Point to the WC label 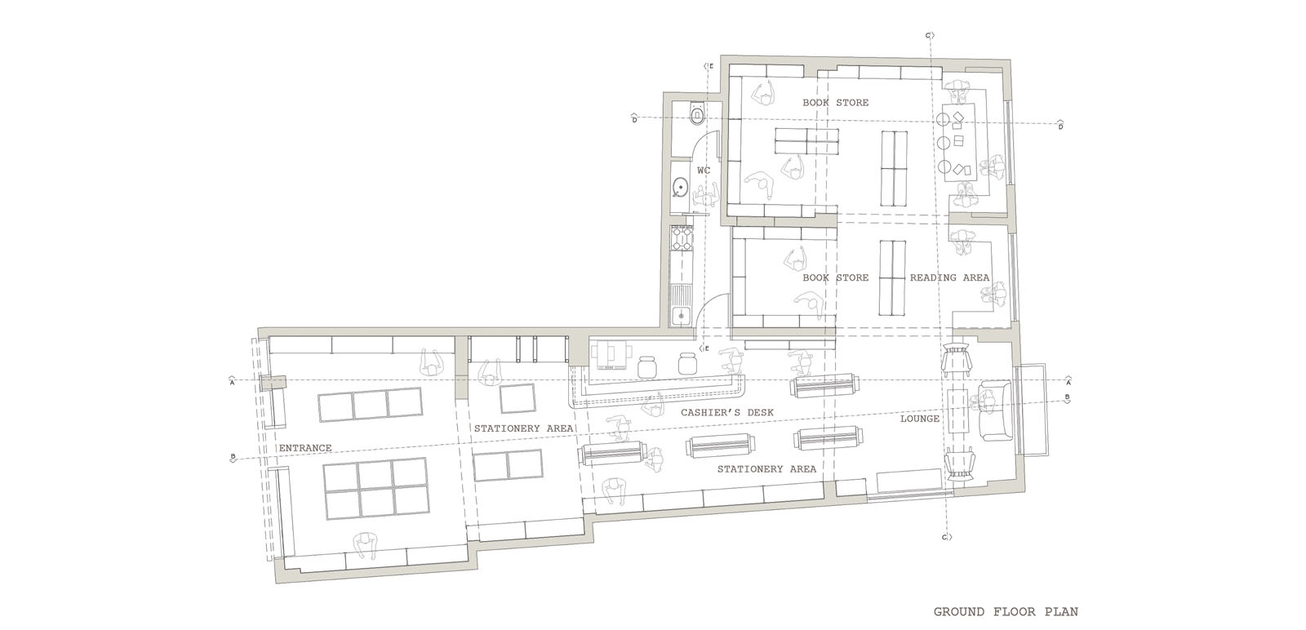click(704, 171)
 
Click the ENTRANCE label click(305, 448)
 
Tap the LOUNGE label click(919, 419)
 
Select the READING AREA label click(950, 277)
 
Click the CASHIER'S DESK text click(727, 413)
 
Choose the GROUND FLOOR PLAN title click(1006, 611)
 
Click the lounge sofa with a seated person click(995, 410)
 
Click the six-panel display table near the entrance click(375, 488)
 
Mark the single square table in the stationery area click(518, 398)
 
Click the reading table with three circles click(958, 144)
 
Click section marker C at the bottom click(945, 537)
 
